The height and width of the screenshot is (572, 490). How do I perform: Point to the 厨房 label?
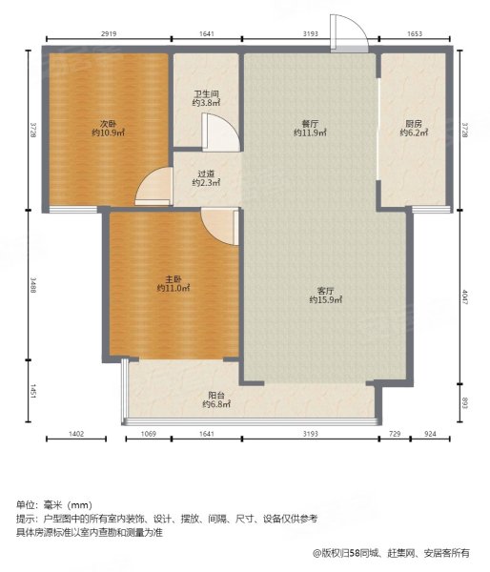pos(413,122)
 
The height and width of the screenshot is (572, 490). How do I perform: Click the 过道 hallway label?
pos(206,173)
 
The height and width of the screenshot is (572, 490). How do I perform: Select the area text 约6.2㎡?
pos(413,133)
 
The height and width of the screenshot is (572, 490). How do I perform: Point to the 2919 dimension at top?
pos(108,36)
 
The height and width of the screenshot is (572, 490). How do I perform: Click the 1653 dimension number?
pos(415,36)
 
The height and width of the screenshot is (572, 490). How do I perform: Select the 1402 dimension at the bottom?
pos(77,436)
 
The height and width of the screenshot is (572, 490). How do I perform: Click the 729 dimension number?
pos(394,436)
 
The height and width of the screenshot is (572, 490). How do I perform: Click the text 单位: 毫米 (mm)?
pos(54,504)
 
